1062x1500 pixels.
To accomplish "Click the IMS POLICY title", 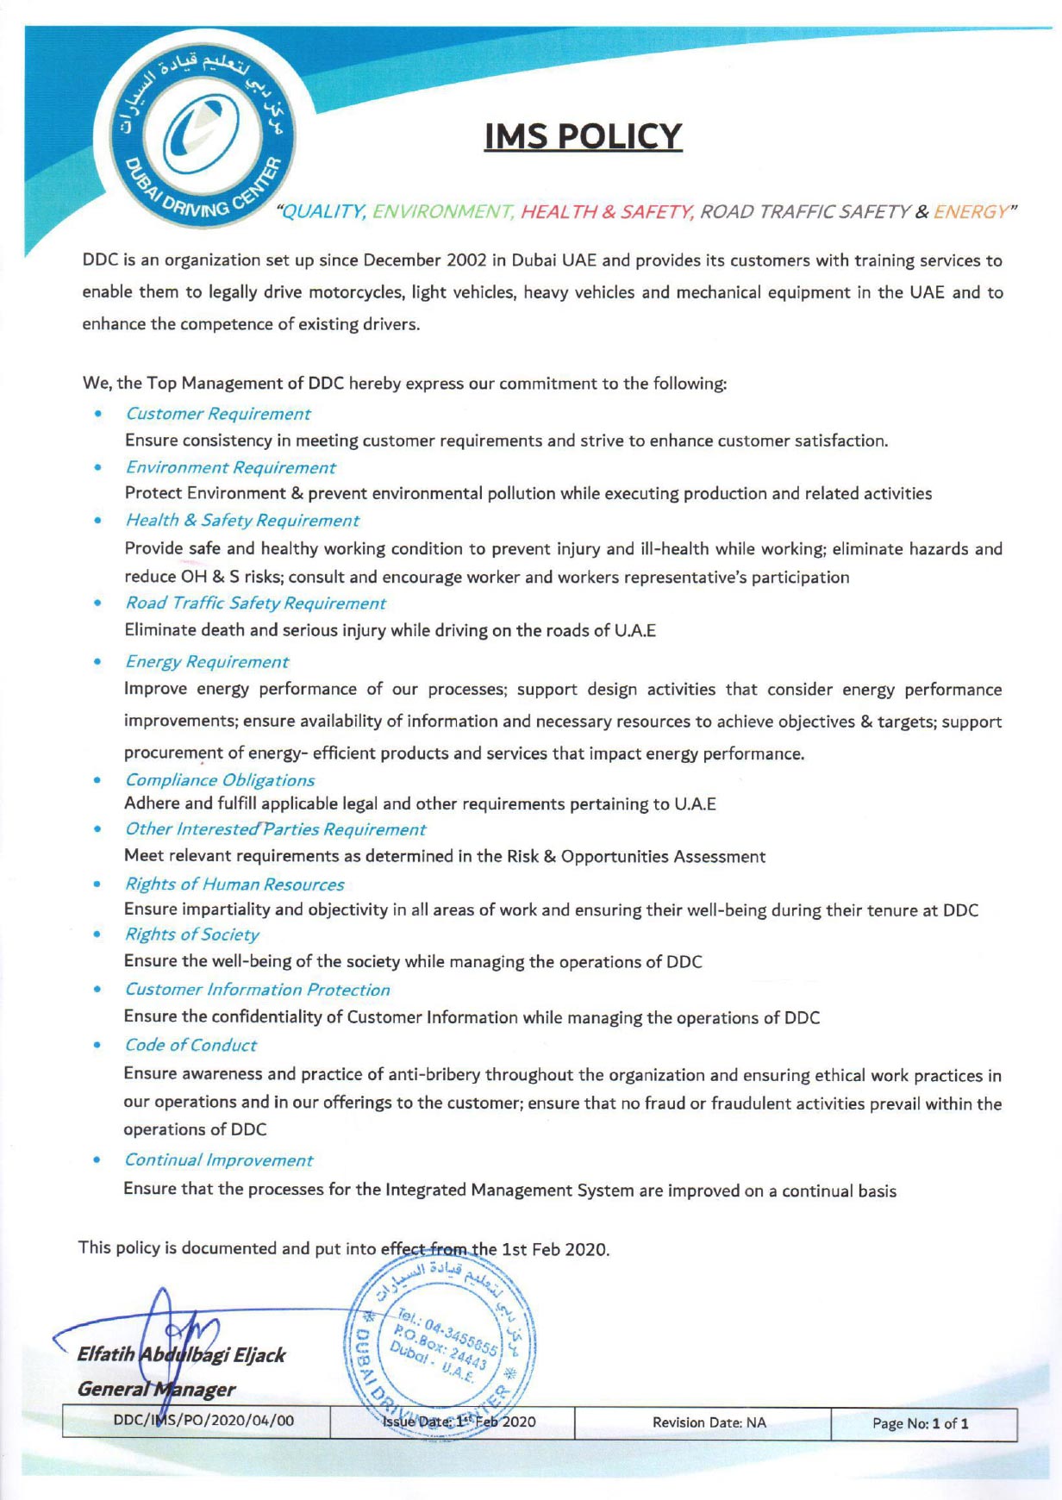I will click(583, 136).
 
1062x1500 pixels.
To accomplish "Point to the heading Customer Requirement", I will click(217, 414).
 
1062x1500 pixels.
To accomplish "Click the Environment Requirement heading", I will click(230, 467).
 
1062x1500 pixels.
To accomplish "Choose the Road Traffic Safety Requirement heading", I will click(255, 603).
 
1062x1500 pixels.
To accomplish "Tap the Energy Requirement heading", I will click(207, 662).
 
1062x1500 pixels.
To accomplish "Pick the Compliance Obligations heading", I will click(220, 780).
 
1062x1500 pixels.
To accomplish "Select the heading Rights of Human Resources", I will click(234, 884).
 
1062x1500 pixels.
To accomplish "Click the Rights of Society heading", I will click(191, 934).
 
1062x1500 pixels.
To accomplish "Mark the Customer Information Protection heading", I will click(257, 990).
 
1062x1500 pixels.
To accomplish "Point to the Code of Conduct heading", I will click(191, 1045).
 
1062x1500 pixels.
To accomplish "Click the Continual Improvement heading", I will click(219, 1160).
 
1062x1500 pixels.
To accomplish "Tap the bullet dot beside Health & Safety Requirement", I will click(99, 520).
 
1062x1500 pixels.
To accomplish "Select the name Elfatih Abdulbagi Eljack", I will click(181, 1354).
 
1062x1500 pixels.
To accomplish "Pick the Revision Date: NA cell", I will click(709, 1422).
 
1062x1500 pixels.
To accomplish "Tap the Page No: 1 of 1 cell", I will click(920, 1423).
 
